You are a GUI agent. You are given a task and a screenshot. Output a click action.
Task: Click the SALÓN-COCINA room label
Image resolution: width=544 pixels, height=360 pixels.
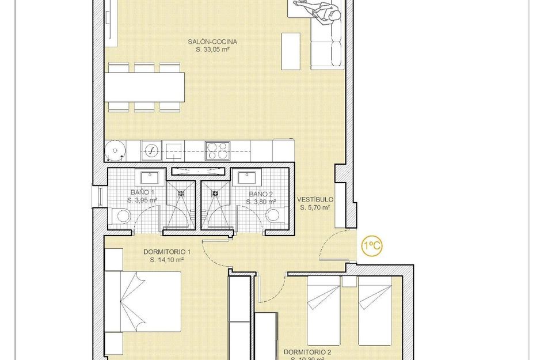(x=212, y=41)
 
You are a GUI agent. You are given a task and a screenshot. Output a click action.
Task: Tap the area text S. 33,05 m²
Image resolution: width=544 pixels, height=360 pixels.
(x=212, y=50)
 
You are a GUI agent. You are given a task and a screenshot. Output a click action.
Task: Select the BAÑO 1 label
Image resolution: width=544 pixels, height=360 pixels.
(x=142, y=192)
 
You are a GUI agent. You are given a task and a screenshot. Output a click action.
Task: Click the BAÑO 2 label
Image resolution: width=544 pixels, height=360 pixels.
(x=260, y=194)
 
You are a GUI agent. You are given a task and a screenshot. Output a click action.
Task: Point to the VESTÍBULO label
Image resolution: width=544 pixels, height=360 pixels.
(x=314, y=200)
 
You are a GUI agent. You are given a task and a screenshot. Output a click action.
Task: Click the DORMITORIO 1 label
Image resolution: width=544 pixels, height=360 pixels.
(x=167, y=252)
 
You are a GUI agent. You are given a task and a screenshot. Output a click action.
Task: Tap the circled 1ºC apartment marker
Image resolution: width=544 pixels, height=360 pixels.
(x=371, y=247)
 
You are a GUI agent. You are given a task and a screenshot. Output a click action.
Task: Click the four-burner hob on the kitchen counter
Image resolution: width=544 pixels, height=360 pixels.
(x=218, y=150)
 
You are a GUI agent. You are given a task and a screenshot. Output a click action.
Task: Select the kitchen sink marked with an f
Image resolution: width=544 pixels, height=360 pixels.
(x=151, y=151)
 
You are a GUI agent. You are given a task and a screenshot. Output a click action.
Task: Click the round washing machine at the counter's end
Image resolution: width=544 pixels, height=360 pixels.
(x=116, y=151)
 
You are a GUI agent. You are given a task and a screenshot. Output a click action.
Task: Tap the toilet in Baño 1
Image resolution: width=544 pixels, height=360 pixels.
(x=121, y=215)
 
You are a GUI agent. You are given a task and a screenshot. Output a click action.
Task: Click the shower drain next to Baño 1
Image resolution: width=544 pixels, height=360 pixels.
(x=180, y=194)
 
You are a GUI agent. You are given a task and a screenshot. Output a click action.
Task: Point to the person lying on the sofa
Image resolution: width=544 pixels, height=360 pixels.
(x=317, y=10)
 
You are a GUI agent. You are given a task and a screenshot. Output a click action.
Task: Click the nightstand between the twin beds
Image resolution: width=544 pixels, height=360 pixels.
(x=349, y=282)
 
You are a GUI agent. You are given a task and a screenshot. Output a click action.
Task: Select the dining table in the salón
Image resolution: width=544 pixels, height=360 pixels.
(x=144, y=86)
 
